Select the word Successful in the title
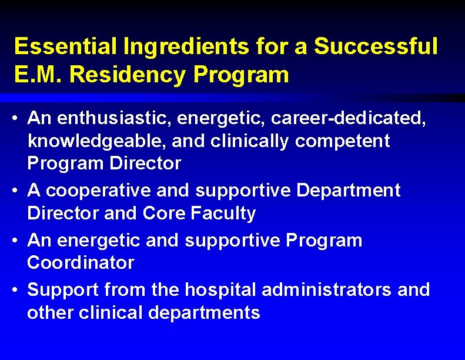376,46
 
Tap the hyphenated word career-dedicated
347,119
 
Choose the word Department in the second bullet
349,191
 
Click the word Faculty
223,213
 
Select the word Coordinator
81,262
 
